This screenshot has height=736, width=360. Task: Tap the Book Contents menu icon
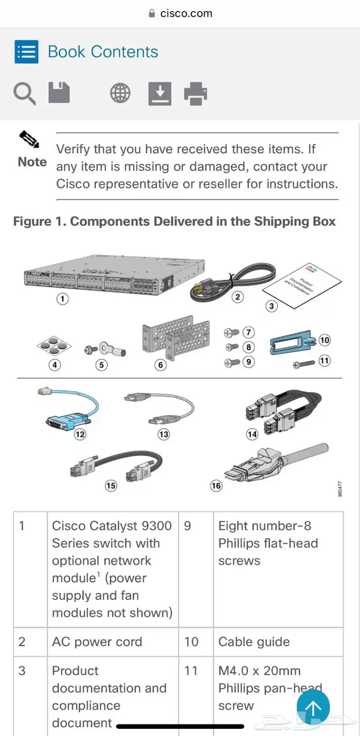point(26,52)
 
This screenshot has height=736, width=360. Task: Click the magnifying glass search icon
point(24,94)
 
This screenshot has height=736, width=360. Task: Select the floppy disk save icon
point(59,93)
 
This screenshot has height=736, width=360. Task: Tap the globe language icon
point(120,93)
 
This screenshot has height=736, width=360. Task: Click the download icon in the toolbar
point(160,94)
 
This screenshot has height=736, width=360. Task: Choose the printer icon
point(195,94)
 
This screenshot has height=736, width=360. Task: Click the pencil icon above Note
point(29,139)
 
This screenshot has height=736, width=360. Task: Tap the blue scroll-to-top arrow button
point(313,707)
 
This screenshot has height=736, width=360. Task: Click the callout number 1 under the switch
point(62,299)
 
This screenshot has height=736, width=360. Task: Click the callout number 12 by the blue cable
point(80,434)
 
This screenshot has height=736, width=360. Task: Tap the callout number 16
point(216,485)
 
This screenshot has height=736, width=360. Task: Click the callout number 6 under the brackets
point(161,365)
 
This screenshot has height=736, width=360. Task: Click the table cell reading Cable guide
point(254,641)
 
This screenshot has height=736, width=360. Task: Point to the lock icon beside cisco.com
point(152,14)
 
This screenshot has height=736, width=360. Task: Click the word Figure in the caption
point(31,222)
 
